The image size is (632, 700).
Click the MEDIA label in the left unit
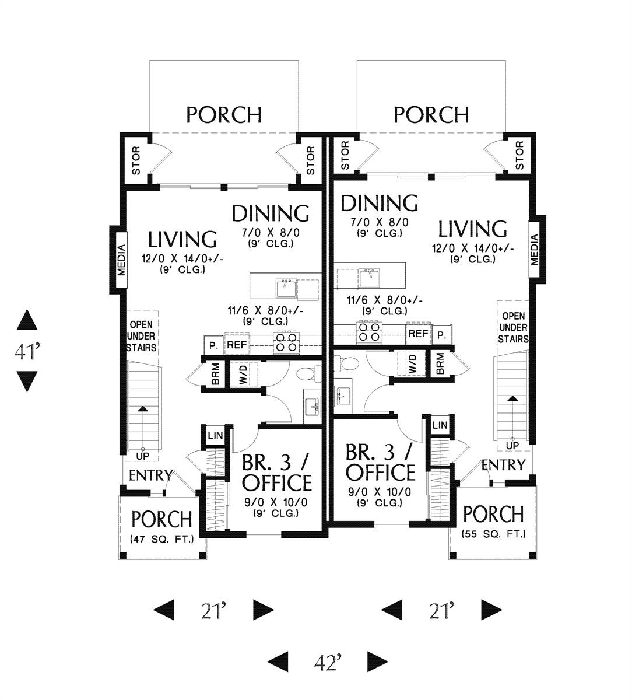point(121,260)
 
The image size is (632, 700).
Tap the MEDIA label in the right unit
point(534,250)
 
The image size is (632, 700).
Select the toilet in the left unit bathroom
point(308,373)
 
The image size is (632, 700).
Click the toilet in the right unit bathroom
point(346,363)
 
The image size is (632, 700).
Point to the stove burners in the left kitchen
point(287,342)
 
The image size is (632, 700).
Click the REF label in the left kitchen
point(237,345)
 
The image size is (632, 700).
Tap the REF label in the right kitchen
point(418,333)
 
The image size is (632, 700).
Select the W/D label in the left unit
point(244,374)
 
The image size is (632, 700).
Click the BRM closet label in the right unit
point(440,363)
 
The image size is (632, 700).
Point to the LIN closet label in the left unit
point(215,436)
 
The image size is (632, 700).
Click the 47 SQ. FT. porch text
point(162,540)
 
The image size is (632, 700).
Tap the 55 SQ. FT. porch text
point(494,534)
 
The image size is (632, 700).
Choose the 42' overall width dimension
point(328,660)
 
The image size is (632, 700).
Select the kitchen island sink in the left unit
point(286,288)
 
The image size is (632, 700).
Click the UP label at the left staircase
point(142,456)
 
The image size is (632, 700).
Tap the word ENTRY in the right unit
point(503,465)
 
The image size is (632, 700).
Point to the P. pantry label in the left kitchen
point(213,346)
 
